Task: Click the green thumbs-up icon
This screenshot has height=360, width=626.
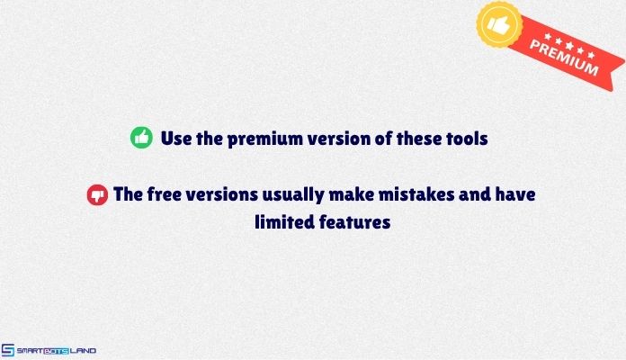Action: pos(141,138)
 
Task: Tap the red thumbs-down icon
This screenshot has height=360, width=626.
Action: pos(97,193)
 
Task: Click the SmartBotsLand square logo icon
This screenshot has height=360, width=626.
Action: pos(8,350)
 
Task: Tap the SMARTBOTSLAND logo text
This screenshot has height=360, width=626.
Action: pos(56,350)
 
